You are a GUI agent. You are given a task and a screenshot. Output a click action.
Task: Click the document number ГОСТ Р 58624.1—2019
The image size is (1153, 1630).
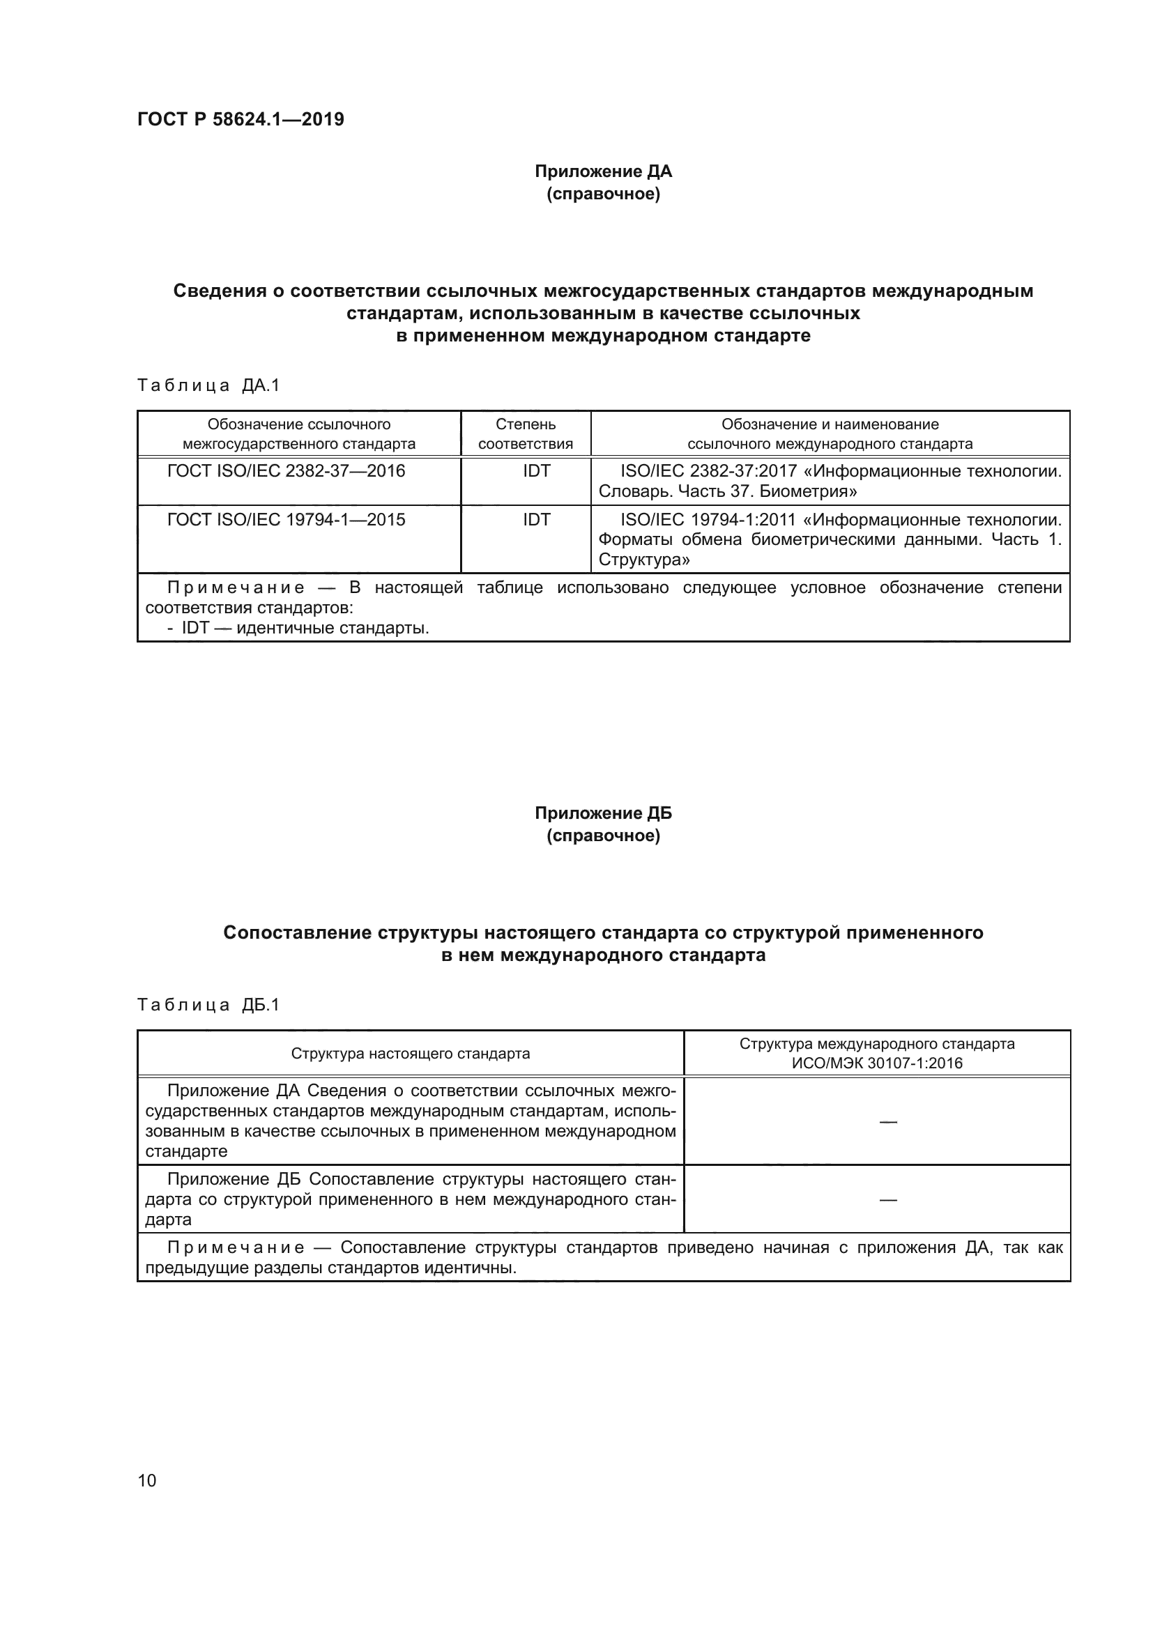(x=240, y=119)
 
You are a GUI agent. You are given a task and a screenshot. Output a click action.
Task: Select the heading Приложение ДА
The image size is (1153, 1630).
(x=603, y=172)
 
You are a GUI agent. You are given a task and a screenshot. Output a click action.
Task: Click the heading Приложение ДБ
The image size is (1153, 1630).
(x=603, y=813)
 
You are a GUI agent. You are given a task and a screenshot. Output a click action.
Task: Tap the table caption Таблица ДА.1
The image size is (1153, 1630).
(x=208, y=385)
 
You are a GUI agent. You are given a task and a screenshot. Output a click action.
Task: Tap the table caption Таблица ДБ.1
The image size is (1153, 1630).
(x=208, y=1005)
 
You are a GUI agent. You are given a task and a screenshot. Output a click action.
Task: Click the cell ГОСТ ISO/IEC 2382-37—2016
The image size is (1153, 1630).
(x=285, y=471)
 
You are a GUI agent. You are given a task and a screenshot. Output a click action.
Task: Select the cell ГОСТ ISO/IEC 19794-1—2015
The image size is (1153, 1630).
(x=285, y=521)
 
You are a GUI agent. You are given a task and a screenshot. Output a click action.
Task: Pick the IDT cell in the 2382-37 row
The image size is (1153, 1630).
(x=536, y=471)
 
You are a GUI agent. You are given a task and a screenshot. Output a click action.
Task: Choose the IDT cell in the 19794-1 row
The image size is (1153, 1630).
(x=536, y=521)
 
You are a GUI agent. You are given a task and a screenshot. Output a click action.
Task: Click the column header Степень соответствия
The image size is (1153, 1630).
(x=526, y=434)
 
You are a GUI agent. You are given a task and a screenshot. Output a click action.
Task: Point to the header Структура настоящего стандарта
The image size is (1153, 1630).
(x=411, y=1054)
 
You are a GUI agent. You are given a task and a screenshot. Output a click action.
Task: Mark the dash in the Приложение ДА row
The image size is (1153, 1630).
(x=887, y=1122)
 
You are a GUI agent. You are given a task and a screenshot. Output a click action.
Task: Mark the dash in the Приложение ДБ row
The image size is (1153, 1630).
(x=887, y=1200)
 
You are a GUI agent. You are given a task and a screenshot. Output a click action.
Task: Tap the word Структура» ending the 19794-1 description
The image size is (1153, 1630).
(x=644, y=560)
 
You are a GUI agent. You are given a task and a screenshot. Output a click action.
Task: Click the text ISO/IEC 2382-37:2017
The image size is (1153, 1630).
(x=708, y=471)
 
